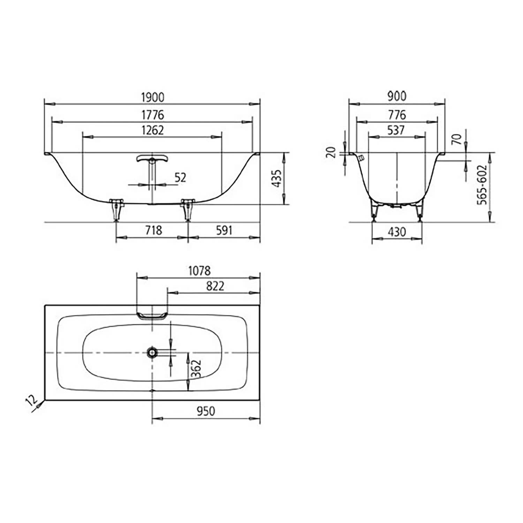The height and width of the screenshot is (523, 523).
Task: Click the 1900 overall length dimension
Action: coord(152,97)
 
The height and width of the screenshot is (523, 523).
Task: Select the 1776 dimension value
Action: coord(152,115)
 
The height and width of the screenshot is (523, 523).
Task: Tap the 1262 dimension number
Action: coord(152,130)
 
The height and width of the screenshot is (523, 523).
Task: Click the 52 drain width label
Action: coord(180,178)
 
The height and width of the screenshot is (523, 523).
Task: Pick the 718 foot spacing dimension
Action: coord(153,230)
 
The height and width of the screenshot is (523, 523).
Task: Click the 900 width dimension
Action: coord(397,97)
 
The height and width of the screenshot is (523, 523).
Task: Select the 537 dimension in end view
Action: coord(396,130)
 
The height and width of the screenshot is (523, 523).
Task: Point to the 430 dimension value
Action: coord(397,232)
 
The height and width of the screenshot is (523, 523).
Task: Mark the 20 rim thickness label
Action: coord(332,152)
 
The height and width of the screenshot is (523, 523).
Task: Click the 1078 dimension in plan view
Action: coord(199,271)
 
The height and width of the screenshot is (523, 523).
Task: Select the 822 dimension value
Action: coord(215,286)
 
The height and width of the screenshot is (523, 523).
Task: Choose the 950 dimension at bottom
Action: coord(206,411)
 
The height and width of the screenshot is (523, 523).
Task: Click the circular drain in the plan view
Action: coord(152,353)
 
